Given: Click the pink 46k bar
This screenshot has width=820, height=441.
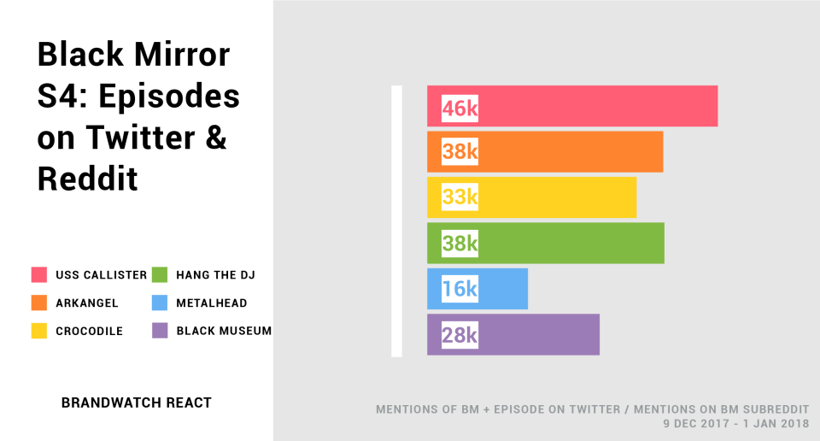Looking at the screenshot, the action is pyautogui.click(x=572, y=106).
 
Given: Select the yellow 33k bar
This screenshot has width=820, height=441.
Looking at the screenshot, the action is pyautogui.click(x=532, y=197).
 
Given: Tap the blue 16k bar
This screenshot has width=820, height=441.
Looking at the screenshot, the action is pyautogui.click(x=477, y=289).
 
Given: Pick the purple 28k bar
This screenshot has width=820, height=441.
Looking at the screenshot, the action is pyautogui.click(x=514, y=335).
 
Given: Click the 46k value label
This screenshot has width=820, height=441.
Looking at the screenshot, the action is pyautogui.click(x=460, y=108).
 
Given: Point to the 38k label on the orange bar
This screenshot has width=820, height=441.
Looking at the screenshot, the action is pyautogui.click(x=460, y=152).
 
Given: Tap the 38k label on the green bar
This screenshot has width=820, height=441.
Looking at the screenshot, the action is pyautogui.click(x=460, y=243).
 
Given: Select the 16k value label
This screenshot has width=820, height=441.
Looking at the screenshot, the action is pyautogui.click(x=460, y=289).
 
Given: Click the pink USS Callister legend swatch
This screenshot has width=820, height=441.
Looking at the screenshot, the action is pyautogui.click(x=39, y=275).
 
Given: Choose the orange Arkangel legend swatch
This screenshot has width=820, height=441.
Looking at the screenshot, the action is pyautogui.click(x=39, y=303).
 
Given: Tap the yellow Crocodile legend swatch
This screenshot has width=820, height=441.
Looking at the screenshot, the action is pyautogui.click(x=39, y=331).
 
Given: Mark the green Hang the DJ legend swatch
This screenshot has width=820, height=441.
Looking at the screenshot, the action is pyautogui.click(x=160, y=275).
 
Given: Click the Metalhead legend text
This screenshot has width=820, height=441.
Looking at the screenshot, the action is pyautogui.click(x=211, y=303).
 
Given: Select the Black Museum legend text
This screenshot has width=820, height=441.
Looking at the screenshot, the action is pyautogui.click(x=224, y=331).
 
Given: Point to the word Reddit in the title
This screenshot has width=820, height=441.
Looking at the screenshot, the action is pyautogui.click(x=87, y=179).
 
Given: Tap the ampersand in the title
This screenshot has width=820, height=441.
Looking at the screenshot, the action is pyautogui.click(x=216, y=138).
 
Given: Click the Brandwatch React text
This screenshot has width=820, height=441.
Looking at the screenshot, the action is pyautogui.click(x=136, y=403).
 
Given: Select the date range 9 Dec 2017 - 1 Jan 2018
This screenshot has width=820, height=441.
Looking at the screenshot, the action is pyautogui.click(x=736, y=424).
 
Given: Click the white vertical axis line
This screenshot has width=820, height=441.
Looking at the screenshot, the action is pyautogui.click(x=397, y=221).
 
